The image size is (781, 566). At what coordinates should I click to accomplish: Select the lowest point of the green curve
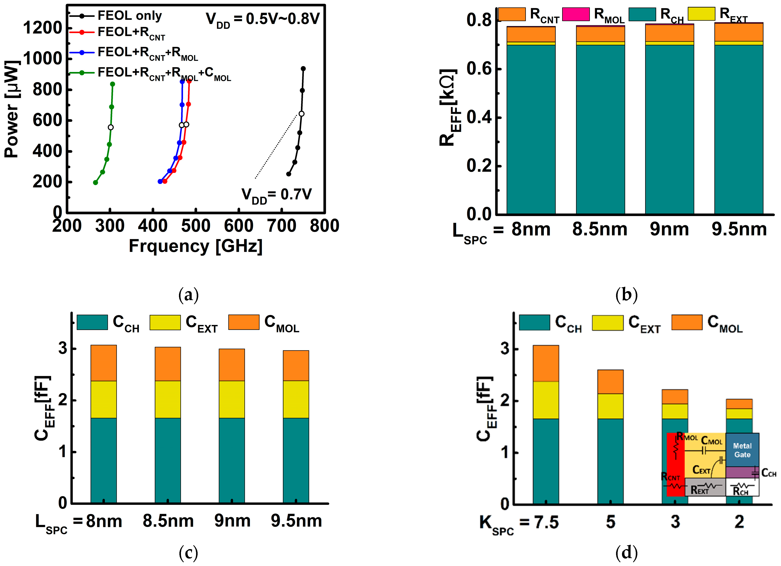95,183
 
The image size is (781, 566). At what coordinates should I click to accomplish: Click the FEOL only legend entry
129,16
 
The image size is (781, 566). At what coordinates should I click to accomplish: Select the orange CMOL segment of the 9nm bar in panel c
232,365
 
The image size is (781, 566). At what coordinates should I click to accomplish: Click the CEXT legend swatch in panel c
165,322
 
